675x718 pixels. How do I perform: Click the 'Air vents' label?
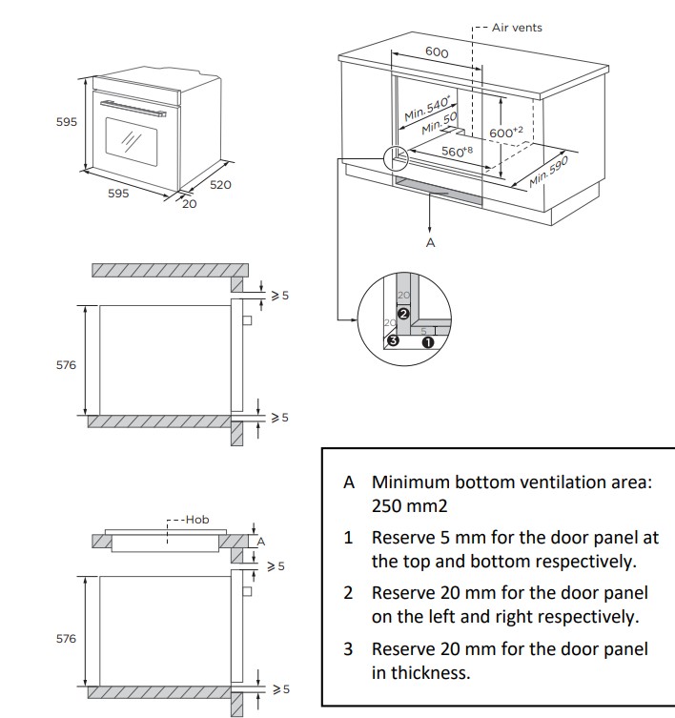[517, 28]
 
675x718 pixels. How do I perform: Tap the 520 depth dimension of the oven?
[220, 185]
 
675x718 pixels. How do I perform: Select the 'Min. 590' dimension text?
[548, 172]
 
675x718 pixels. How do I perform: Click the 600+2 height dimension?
[506, 133]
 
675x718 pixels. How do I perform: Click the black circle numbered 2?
[402, 314]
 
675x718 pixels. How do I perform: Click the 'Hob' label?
[196, 520]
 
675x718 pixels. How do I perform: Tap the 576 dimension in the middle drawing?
[66, 365]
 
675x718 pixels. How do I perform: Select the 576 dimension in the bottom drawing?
[66, 638]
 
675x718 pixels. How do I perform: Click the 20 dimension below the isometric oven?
[190, 204]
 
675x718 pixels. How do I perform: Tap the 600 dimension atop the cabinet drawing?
[437, 52]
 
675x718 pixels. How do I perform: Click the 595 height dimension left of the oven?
[67, 123]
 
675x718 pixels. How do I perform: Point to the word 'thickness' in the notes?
[420, 673]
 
